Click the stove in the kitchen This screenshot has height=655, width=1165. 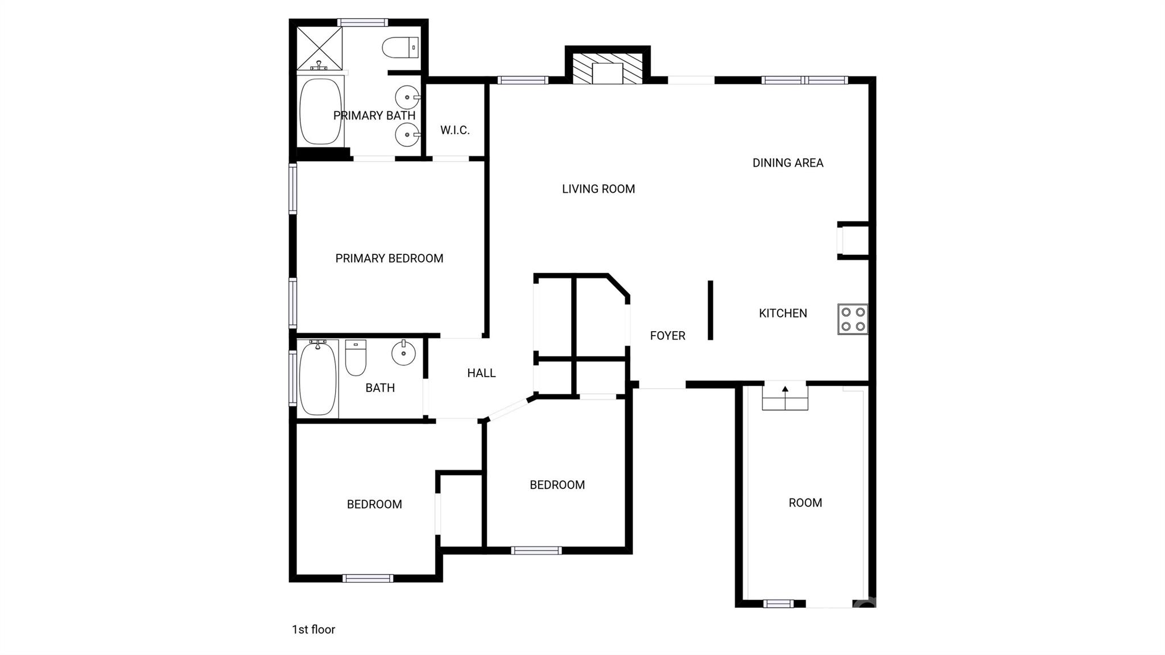pos(853,319)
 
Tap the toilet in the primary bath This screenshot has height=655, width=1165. pos(400,48)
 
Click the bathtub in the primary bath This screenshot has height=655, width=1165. pos(320,111)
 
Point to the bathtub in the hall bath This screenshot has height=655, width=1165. pos(317,378)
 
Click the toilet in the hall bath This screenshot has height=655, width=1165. pos(356,358)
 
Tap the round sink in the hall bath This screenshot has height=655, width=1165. pos(403,353)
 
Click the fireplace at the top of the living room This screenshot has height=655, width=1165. pos(608,69)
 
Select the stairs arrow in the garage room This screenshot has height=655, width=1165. pos(785,390)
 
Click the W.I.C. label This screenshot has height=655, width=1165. pos(455,130)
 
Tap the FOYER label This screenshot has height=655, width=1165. pos(667,336)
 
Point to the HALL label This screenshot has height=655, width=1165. pos(481,373)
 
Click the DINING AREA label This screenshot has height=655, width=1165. pos(787,163)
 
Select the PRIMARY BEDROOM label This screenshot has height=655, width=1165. pos(389,259)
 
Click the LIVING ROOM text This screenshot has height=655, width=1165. pos(598,189)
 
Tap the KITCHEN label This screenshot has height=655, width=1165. pos(783,313)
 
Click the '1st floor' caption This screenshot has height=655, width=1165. pos(313,629)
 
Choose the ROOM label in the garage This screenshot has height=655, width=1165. pos(805,503)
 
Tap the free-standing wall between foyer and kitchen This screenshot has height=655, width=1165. pos(710,310)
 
